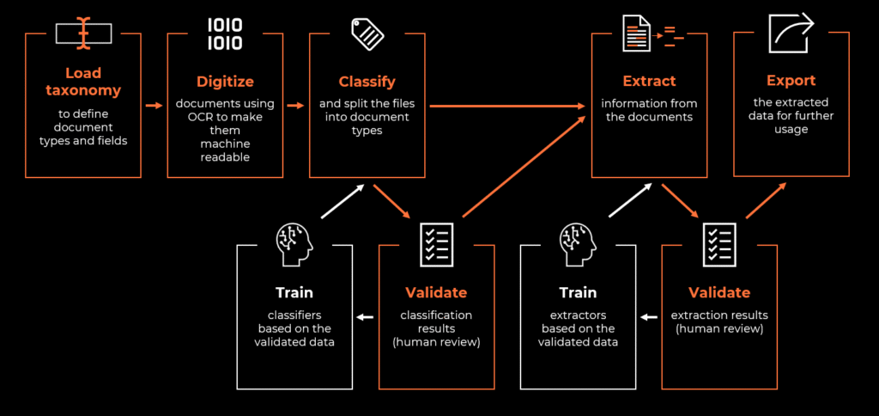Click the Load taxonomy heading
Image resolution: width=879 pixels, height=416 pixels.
[82, 81]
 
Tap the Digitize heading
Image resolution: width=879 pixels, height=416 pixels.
[225, 82]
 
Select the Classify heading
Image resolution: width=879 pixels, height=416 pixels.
[367, 82]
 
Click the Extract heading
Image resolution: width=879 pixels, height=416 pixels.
[650, 82]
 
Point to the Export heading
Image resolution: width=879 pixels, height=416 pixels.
[791, 81]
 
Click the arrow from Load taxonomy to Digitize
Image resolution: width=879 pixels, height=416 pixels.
[155, 106]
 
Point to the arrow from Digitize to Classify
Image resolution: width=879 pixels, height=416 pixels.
[295, 106]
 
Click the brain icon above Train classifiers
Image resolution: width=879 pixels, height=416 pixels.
[294, 242]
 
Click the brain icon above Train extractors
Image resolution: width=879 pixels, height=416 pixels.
[577, 242]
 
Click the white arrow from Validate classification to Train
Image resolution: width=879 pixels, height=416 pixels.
[366, 317]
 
